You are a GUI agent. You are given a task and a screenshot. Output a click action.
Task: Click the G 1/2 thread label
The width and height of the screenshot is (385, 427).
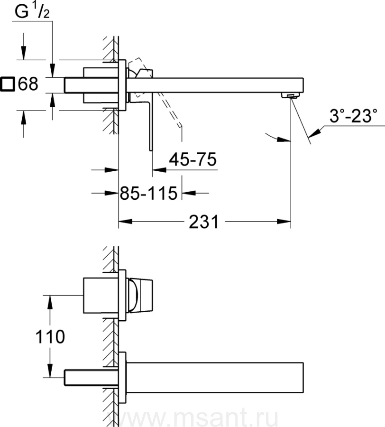32,12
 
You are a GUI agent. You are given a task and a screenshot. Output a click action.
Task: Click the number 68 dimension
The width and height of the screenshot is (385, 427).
28,84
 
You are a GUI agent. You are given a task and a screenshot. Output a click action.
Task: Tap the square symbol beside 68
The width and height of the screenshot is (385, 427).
7,84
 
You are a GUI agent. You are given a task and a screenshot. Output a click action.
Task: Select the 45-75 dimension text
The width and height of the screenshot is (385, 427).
192,159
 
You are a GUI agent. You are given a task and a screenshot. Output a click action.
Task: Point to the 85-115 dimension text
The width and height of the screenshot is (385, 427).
148,194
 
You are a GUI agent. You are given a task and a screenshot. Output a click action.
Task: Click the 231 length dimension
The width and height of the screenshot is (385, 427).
204,222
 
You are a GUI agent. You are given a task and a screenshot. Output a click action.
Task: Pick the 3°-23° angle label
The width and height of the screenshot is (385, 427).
353,116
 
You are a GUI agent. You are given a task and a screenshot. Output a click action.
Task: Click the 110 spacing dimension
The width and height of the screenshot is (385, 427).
50,336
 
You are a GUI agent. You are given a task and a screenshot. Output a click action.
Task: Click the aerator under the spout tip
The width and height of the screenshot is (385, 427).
290,95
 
